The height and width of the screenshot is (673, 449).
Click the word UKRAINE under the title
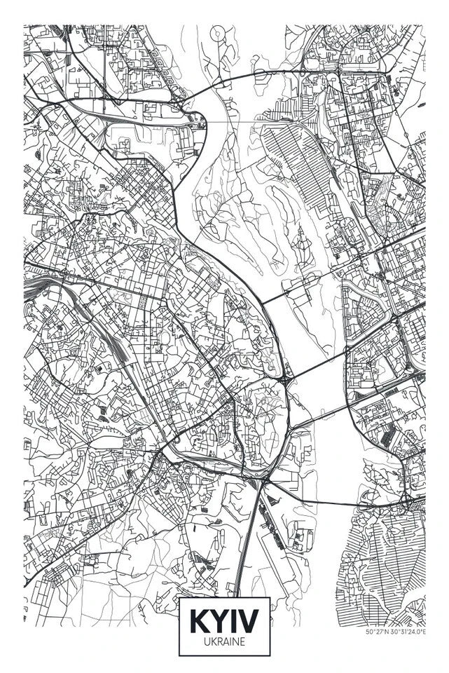click(224, 641)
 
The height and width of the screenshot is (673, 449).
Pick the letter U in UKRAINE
click(206, 641)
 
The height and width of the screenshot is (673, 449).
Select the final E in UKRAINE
click(242, 641)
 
